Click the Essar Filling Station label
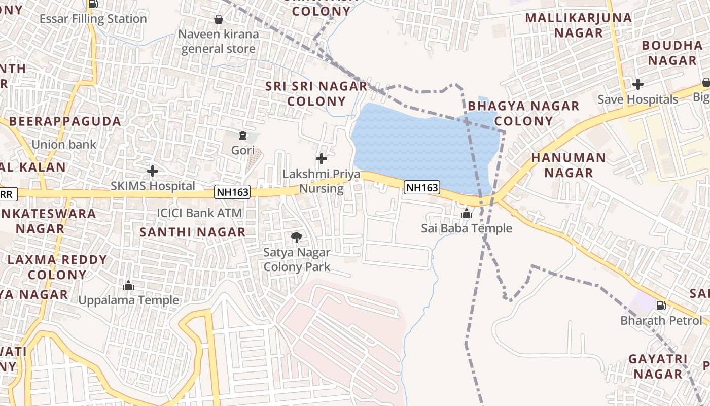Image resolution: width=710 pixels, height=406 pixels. coord(93,19)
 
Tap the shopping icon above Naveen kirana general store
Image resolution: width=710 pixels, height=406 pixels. coord(219,19)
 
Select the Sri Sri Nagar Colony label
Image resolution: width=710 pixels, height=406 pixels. coord(316,93)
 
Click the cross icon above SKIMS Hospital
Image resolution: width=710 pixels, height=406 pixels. coord(152,171)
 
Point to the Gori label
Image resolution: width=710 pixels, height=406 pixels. coord(242,150)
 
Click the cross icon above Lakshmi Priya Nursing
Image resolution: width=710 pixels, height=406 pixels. coord(322,159)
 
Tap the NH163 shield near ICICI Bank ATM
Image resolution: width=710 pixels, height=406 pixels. coord(233,192)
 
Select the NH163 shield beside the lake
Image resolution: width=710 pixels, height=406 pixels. coord(422,187)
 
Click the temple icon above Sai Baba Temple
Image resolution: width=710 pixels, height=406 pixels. coord(467,214)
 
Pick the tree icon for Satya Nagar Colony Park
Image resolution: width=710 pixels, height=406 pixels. coord(297,237)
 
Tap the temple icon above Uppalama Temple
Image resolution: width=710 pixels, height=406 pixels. coord(128,285)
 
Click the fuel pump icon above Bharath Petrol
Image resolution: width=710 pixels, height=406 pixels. coord(661,306)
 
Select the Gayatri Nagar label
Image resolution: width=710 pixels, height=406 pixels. coord(658,366)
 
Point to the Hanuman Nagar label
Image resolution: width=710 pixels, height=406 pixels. coord(569,165)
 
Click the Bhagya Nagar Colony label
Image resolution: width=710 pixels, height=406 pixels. coord(523,113)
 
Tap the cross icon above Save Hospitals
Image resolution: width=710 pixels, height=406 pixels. coord(638,84)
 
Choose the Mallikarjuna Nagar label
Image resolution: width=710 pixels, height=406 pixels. coord(579,25)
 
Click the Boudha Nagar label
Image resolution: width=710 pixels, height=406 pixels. coord(672,53)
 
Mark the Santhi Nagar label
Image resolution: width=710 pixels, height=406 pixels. coord(193,232)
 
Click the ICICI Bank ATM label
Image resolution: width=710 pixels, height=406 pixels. coord(199,213)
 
